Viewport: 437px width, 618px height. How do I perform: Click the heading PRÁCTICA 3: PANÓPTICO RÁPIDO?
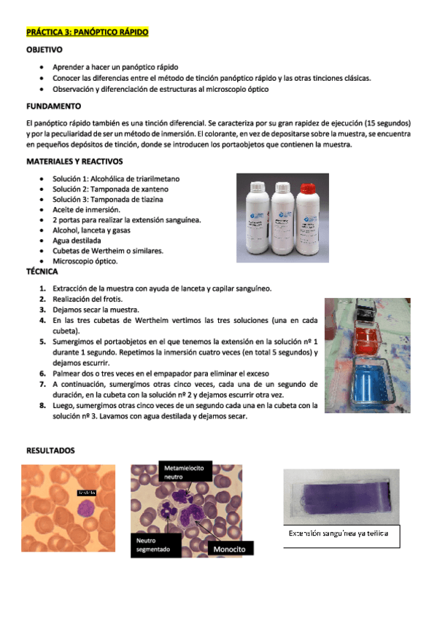[86, 33]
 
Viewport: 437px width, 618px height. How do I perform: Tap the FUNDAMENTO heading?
[53, 106]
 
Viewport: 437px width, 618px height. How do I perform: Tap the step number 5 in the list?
[42, 340]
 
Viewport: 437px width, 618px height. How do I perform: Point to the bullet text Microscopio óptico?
[85, 261]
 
